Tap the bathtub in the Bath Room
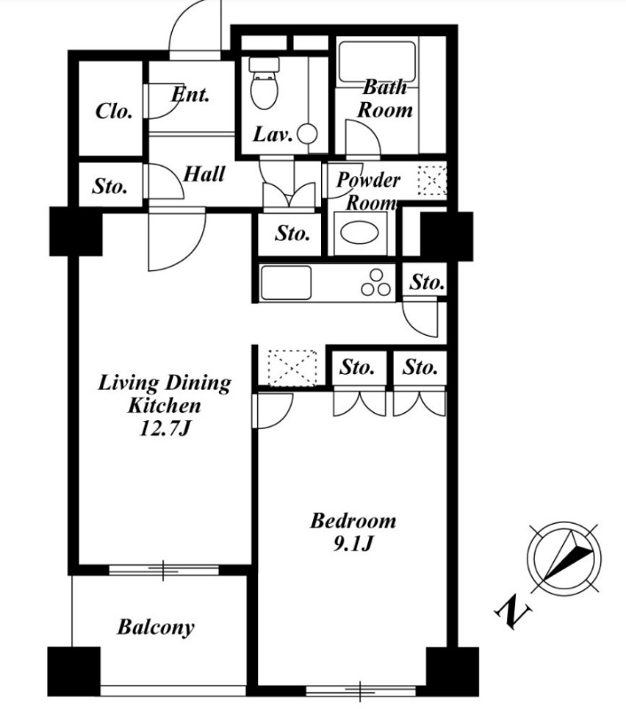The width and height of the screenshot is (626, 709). [x=377, y=62]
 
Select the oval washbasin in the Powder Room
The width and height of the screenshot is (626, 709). [x=360, y=233]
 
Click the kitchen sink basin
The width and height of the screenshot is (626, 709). [x=286, y=282]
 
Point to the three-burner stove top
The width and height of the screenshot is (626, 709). [x=376, y=283]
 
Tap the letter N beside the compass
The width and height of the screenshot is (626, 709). [x=513, y=612]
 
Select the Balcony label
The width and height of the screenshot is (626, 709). [x=156, y=627]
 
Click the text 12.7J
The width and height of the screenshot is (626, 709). [x=164, y=428]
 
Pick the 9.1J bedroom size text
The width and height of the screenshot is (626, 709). [x=353, y=543]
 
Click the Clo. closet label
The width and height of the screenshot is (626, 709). [x=113, y=112]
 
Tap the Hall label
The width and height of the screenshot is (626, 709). [x=204, y=174]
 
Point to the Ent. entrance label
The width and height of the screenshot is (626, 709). [x=191, y=95]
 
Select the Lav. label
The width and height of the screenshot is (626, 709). [x=272, y=135]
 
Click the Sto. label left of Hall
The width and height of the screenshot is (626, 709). [x=109, y=186]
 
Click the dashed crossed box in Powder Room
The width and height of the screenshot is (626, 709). [x=432, y=181]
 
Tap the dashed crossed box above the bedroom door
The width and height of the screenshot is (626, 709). [x=293, y=367]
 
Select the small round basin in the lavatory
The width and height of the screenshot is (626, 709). [x=308, y=134]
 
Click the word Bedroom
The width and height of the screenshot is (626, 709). [x=353, y=521]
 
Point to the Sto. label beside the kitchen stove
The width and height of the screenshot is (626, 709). [x=426, y=282]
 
